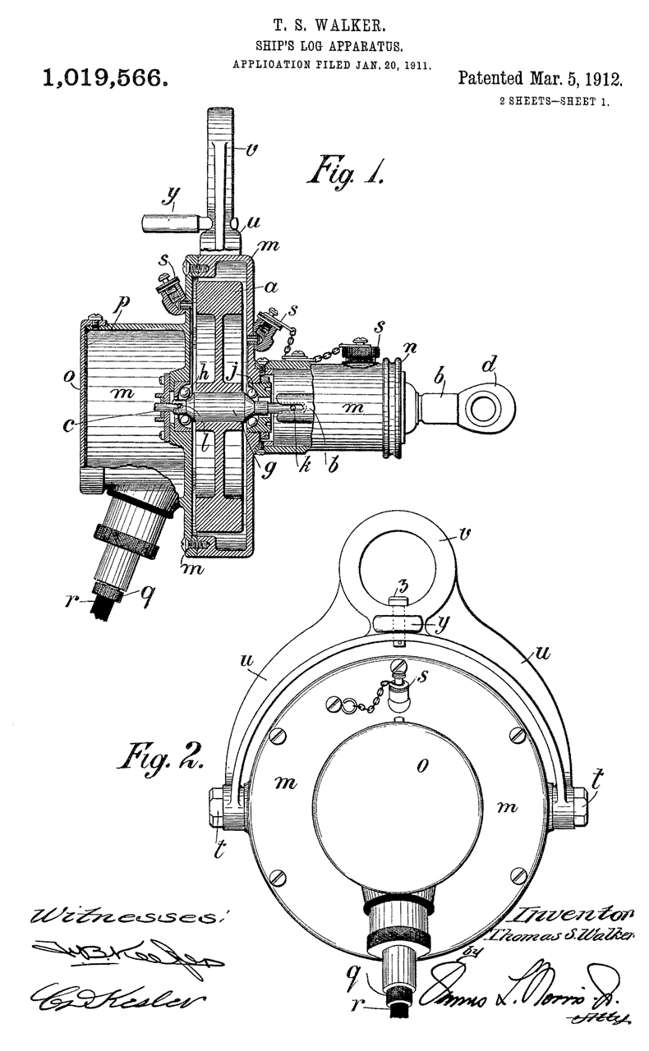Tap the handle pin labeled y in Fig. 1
170,220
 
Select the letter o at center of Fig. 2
423,765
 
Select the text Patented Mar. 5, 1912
540,80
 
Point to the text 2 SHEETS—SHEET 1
554,102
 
